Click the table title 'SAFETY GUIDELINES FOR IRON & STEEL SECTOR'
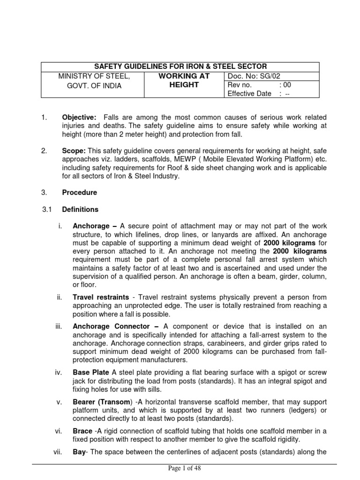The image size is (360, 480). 180,67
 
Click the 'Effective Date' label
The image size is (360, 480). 249,93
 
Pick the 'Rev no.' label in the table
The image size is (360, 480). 240,85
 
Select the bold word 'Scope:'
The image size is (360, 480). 73,151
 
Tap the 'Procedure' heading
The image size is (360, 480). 80,192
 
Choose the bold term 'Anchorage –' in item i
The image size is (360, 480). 93,226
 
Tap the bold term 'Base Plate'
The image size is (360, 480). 90,373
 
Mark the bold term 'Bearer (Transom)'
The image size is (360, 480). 102,402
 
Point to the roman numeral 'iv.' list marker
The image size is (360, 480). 58,373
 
